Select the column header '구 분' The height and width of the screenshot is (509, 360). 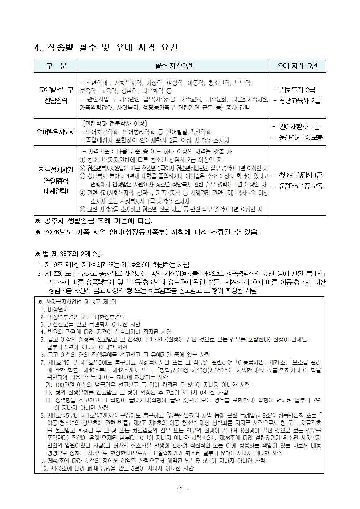click(56, 66)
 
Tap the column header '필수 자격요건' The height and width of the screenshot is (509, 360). click(173, 66)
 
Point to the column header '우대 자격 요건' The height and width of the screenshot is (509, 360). click(297, 66)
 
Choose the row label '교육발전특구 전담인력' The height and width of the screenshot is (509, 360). click(56, 95)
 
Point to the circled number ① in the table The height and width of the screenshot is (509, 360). click(82, 160)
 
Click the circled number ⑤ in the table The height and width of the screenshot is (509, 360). click(82, 209)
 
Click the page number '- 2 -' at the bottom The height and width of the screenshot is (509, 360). click(180, 489)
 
